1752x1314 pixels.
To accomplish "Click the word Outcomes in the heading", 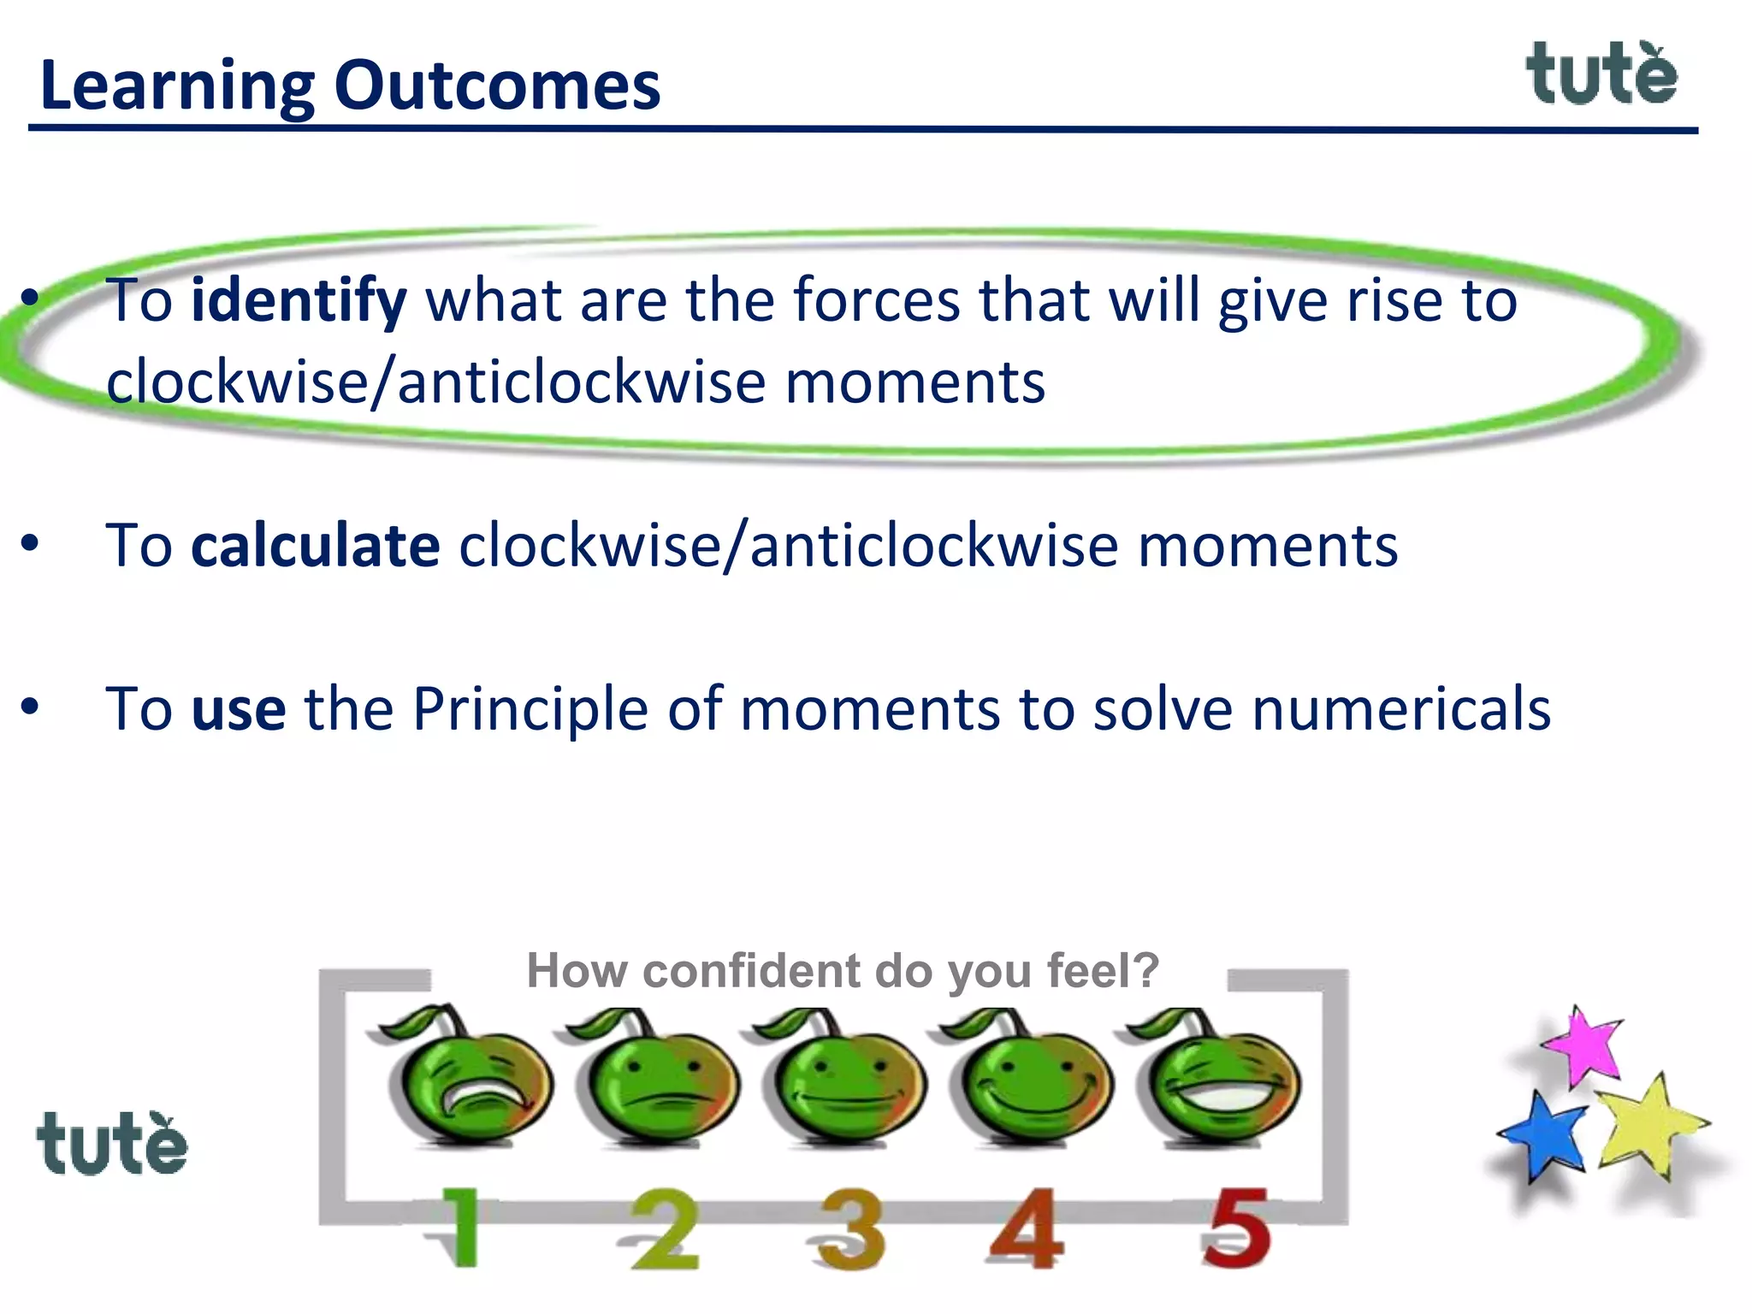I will click(x=497, y=86).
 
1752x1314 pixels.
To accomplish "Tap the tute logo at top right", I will click(x=1601, y=75).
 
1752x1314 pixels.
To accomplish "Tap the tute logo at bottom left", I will click(x=112, y=1144).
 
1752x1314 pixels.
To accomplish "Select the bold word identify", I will click(x=299, y=301).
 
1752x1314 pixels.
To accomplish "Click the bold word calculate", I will click(x=315, y=546).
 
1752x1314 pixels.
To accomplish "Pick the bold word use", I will click(x=239, y=709).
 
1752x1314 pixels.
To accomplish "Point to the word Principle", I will click(x=530, y=709).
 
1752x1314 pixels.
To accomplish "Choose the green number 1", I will click(x=462, y=1228).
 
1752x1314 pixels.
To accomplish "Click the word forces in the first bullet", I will click(x=877, y=301).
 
